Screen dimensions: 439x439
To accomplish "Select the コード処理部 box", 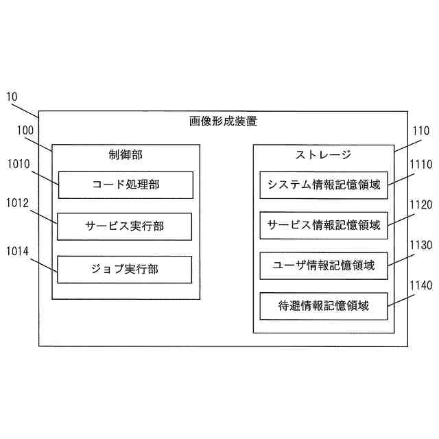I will [125, 185].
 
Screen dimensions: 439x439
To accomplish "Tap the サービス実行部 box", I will [125, 226].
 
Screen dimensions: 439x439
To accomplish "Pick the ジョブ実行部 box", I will [125, 269].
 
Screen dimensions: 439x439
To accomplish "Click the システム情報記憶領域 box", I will [324, 185].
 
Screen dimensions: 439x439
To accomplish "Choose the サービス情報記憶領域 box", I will [324, 224].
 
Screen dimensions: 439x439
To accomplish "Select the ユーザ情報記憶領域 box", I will [324, 265].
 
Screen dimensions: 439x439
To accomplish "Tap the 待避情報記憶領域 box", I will [324, 306].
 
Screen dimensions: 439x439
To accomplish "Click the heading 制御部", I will [126, 155].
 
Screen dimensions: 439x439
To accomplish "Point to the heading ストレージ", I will [323, 155].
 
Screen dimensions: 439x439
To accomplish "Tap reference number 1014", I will [19, 252].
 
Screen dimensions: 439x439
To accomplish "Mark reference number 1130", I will [420, 244].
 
